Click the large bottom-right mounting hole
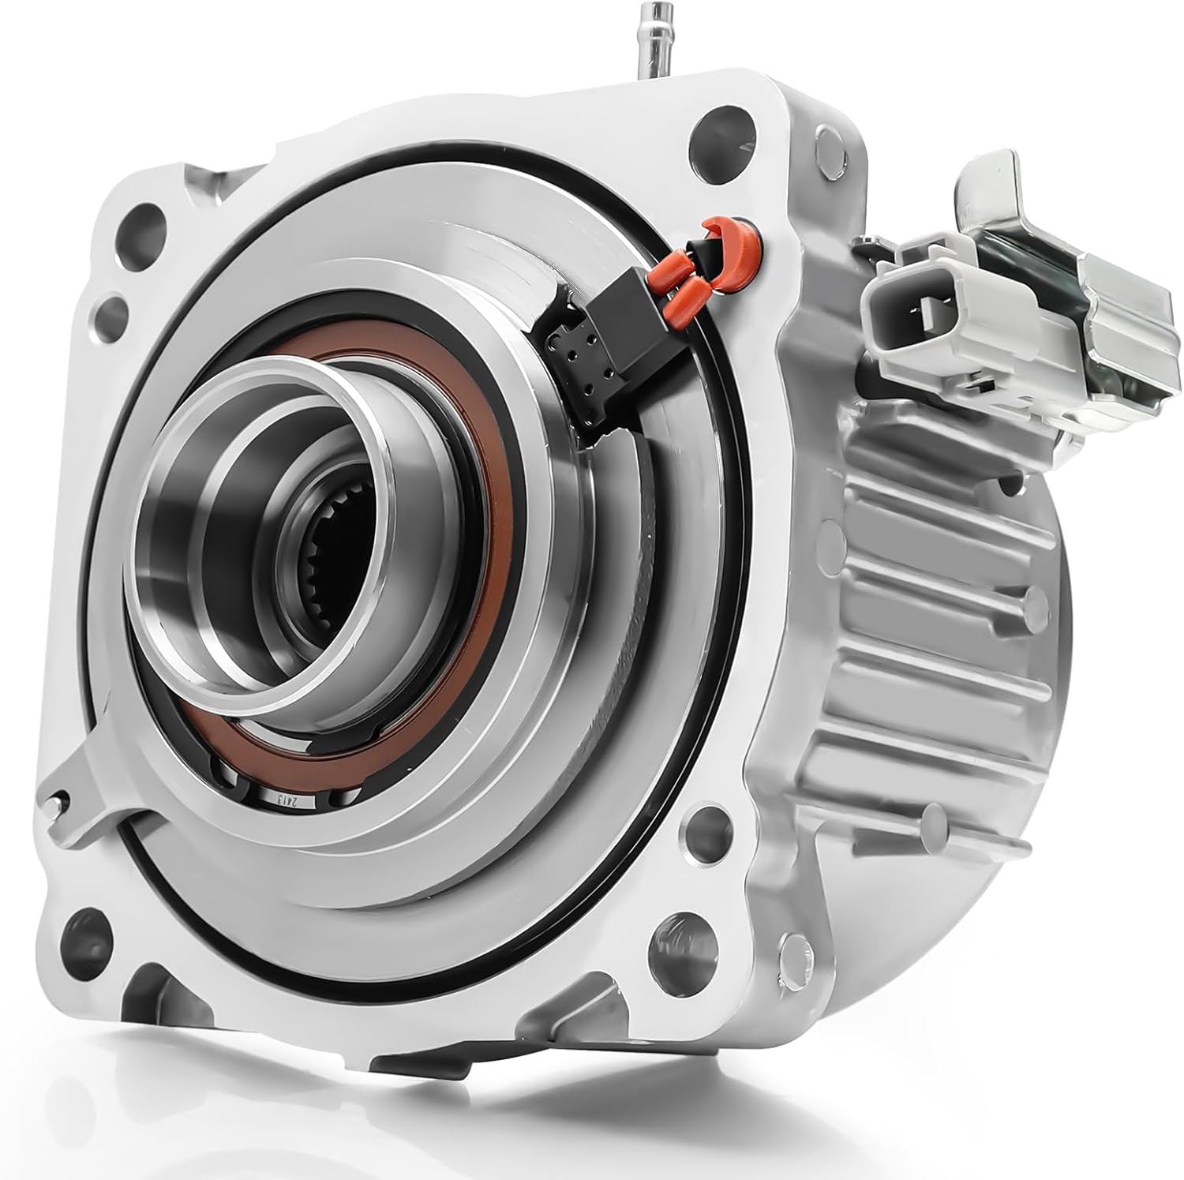click(x=667, y=953)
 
